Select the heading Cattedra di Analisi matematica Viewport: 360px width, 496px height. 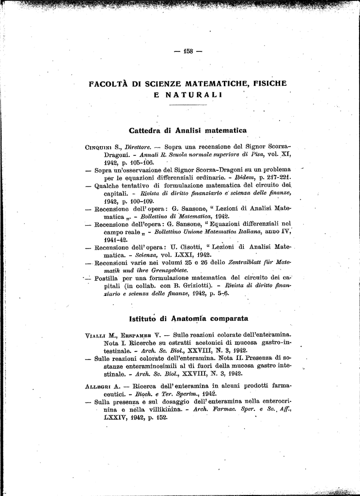188,130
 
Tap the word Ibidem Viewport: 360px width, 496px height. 245,177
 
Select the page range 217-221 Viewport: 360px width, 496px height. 277,177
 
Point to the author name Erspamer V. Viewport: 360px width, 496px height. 141,335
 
